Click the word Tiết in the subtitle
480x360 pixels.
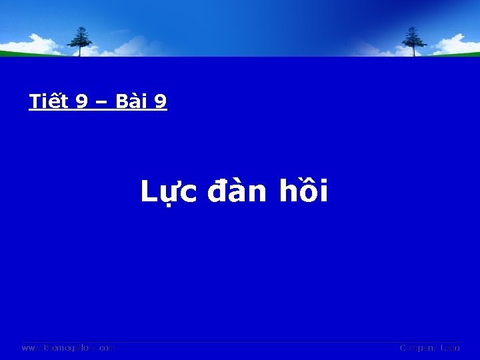[x=49, y=101]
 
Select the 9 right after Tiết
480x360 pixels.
[x=82, y=101]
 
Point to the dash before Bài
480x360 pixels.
[x=102, y=102]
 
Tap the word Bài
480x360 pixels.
[x=131, y=101]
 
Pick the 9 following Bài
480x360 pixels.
[x=161, y=101]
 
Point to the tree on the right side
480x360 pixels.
[x=414, y=41]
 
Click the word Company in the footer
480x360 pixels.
[x=419, y=348]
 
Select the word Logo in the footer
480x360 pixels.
[x=449, y=348]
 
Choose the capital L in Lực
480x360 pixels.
[x=147, y=192]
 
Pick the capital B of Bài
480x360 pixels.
[x=121, y=101]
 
